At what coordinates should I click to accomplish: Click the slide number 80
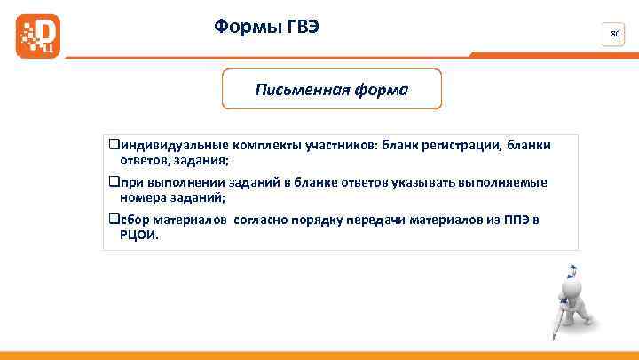tap(614, 35)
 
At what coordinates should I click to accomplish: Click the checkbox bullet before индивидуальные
tap(114, 145)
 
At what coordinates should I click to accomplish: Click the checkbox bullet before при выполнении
tap(114, 182)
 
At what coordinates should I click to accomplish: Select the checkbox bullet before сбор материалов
tap(114, 220)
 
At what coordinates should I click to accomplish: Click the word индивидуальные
tap(168, 145)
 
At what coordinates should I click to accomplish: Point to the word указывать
tap(423, 182)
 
